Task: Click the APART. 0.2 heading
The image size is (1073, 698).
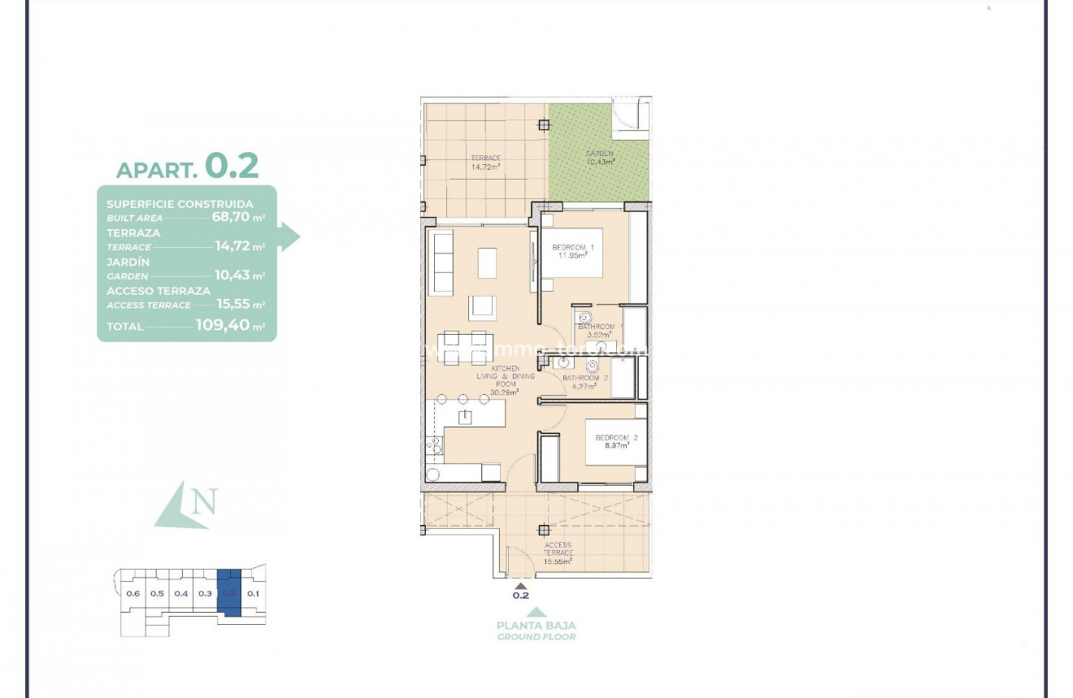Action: [x=187, y=167]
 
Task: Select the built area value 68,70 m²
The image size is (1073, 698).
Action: [x=239, y=218]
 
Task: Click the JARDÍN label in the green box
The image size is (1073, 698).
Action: [x=128, y=262]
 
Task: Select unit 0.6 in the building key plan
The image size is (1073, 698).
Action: [x=133, y=593]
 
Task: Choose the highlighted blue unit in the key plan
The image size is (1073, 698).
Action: [x=229, y=593]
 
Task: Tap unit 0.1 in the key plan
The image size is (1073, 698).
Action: [x=253, y=593]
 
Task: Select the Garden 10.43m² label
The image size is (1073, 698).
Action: [x=600, y=158]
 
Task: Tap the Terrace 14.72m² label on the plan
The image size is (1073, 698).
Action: [x=485, y=162]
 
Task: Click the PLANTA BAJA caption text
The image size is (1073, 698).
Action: [x=536, y=626]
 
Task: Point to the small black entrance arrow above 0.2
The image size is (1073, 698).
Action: [x=521, y=583]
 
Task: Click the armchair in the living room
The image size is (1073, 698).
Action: [x=481, y=308]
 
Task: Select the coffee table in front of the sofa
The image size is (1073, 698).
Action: [x=487, y=263]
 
